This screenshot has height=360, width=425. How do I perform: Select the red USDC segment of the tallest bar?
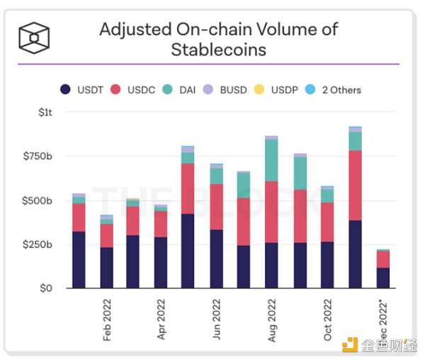[x=355, y=185]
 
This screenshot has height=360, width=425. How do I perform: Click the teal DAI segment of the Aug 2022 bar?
[x=272, y=160]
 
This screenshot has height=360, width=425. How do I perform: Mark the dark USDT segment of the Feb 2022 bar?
[x=107, y=267]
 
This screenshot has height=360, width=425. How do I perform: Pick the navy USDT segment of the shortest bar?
[x=382, y=278]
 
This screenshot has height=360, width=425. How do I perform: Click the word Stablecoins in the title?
[x=218, y=49]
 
